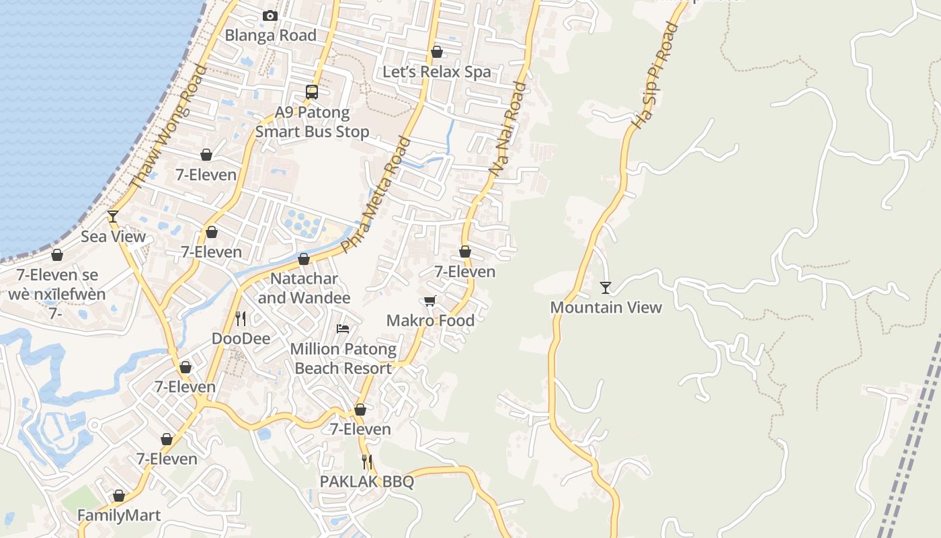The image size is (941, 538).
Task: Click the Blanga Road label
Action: click(x=270, y=36)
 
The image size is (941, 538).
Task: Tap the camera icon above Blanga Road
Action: click(x=270, y=15)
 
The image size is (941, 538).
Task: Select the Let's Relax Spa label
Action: click(x=437, y=72)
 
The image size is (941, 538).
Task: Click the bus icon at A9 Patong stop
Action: click(x=312, y=92)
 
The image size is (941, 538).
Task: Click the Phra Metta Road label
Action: click(x=375, y=195)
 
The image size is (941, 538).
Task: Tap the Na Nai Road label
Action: click(x=508, y=129)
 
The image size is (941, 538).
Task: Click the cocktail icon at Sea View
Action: click(x=113, y=216)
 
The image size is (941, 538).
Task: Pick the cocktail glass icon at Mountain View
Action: click(x=606, y=288)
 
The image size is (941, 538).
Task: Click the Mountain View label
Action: click(x=606, y=307)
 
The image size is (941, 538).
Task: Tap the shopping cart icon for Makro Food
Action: click(x=430, y=301)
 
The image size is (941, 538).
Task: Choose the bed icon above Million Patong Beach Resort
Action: click(x=343, y=329)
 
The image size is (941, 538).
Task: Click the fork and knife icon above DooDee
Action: click(x=241, y=318)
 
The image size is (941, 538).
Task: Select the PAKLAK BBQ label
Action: click(x=366, y=482)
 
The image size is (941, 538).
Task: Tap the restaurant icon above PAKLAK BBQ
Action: click(x=367, y=462)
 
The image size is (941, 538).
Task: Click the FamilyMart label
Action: click(x=119, y=516)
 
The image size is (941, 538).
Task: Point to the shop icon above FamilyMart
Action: click(x=119, y=496)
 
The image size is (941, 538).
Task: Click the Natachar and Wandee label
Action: click(x=304, y=288)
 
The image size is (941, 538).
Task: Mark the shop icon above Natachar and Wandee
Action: click(x=304, y=259)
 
